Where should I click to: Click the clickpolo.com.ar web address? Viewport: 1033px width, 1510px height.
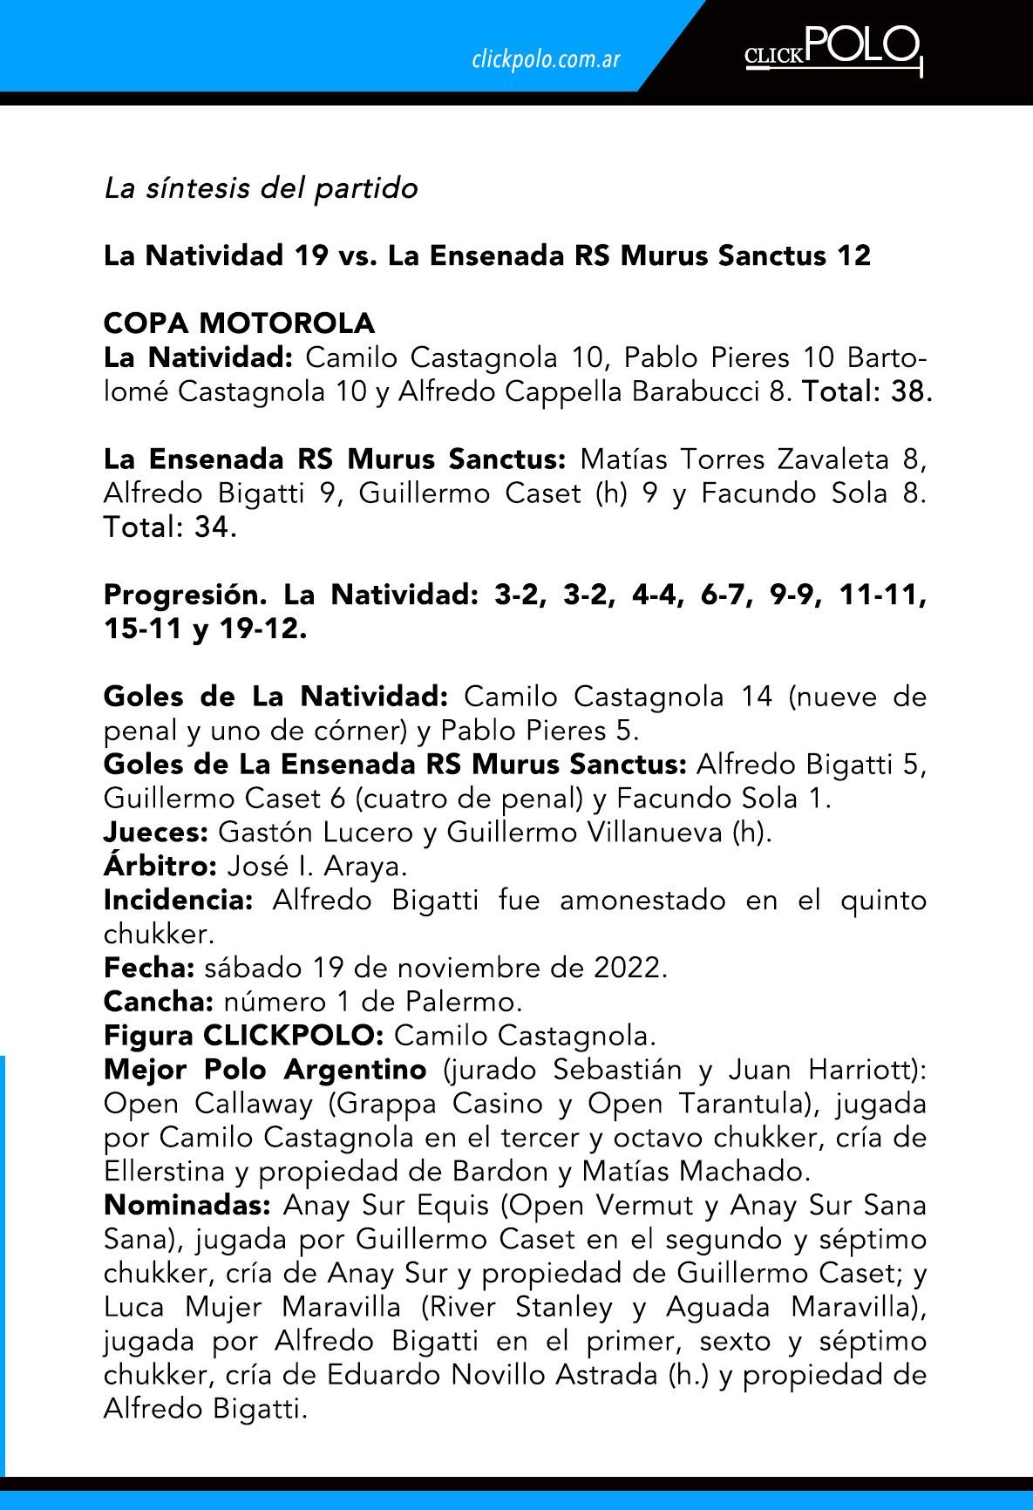pos(545,60)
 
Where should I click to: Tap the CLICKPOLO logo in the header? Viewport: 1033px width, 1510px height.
pos(833,51)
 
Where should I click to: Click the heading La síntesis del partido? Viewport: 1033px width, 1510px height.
pos(261,188)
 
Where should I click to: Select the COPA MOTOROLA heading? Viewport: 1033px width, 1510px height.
pos(239,323)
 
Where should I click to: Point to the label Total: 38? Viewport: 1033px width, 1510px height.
pos(867,392)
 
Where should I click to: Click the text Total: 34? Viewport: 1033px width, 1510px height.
pos(170,527)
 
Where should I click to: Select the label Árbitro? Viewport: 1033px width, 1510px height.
pos(160,867)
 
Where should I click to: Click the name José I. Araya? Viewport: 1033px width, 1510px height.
pos(316,867)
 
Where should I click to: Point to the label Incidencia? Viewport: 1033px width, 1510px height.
pos(178,901)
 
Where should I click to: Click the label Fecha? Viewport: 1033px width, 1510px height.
pos(149,969)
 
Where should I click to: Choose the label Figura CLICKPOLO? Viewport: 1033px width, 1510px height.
pos(244,1037)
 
